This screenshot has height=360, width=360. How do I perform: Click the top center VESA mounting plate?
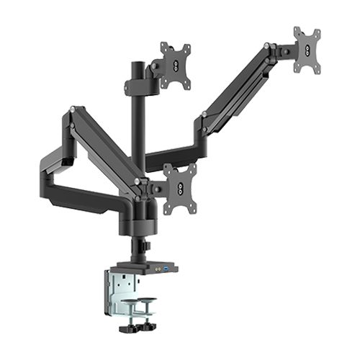coord(176,66)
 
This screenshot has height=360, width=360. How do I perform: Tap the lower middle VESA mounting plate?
coord(179,188)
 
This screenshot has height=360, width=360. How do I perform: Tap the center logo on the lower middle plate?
coord(179,188)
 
